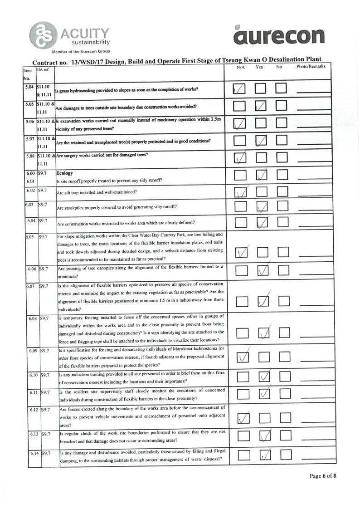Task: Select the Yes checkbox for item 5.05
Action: [x=261, y=107]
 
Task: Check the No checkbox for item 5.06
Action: [x=282, y=123]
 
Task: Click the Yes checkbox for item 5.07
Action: [x=261, y=141]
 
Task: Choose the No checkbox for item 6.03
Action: [x=282, y=206]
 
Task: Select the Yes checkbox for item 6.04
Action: [x=262, y=222]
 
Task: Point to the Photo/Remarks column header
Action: [x=311, y=67]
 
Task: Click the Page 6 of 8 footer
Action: [x=323, y=476]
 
